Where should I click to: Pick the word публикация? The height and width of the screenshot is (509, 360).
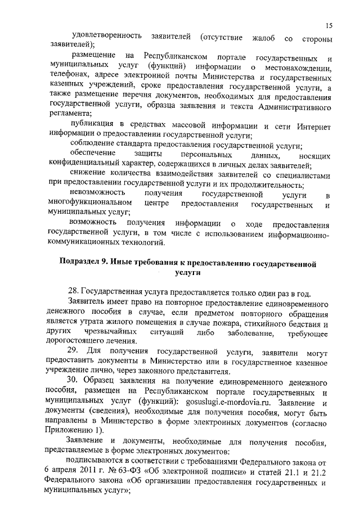tap(93, 125)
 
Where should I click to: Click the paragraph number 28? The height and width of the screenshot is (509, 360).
tap(73, 291)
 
